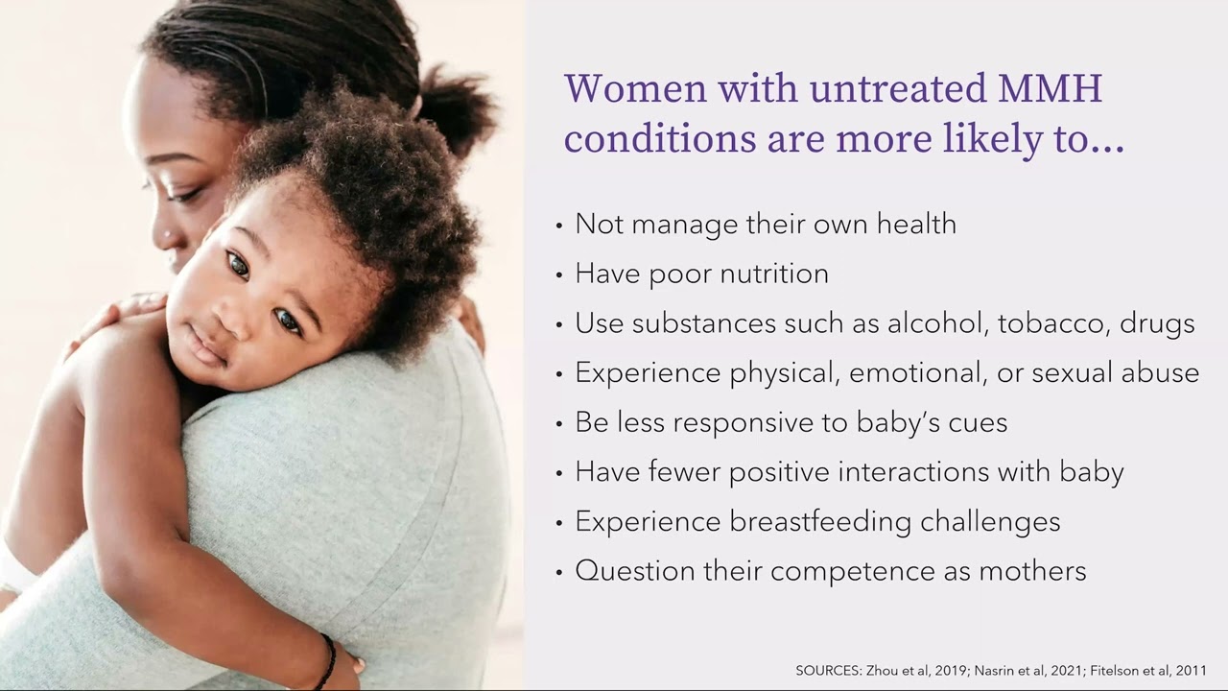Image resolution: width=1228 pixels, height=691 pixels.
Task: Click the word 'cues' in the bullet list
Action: (978, 423)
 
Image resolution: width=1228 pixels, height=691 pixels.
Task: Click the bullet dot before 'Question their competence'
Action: (560, 573)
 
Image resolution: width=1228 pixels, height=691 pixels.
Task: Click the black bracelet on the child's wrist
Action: (328, 659)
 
